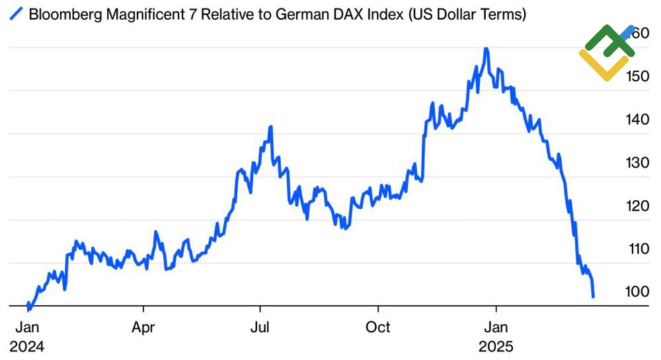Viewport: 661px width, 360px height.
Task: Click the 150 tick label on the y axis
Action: (x=638, y=77)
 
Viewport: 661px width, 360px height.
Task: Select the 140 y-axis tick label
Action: (x=638, y=120)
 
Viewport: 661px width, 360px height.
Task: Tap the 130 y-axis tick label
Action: (x=638, y=162)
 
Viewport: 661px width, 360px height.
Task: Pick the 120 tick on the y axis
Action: (x=638, y=205)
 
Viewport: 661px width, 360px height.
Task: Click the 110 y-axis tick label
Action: (x=638, y=249)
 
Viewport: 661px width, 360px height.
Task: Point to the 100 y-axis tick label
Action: (x=638, y=291)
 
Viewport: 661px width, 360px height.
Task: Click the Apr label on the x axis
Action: (x=143, y=327)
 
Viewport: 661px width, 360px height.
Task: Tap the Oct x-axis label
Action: (x=378, y=327)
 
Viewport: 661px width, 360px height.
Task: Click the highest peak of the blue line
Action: (x=486, y=49)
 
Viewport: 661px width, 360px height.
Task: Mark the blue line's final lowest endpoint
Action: (x=594, y=297)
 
